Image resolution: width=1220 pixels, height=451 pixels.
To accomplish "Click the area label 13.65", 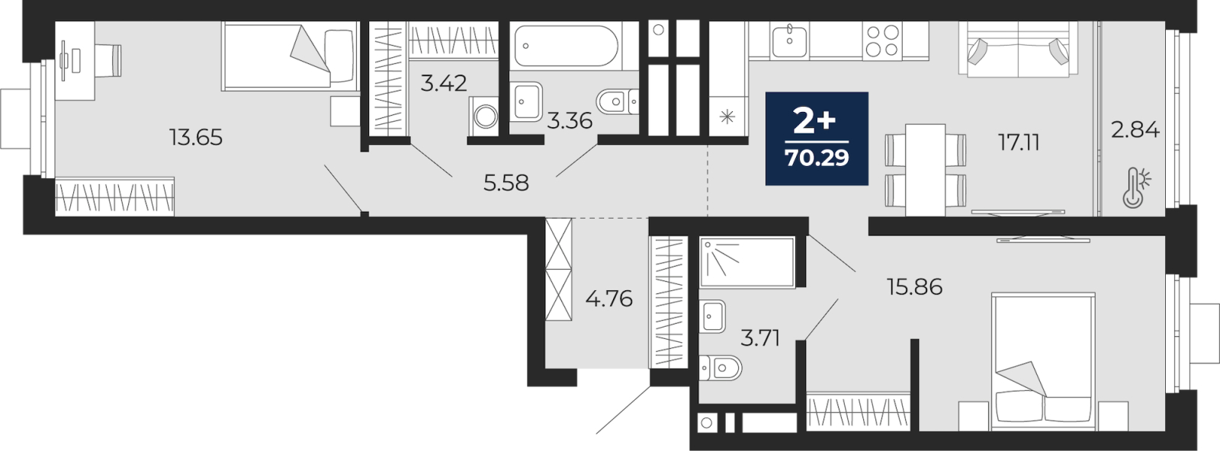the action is (x=196, y=138).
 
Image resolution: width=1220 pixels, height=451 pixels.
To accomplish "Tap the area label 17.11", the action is (x=1019, y=142).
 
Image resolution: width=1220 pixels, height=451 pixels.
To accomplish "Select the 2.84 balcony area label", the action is (x=1135, y=130).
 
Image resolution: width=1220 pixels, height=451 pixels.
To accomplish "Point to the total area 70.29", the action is (x=817, y=158).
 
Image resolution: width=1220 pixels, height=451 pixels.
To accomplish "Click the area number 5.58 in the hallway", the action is (x=506, y=184).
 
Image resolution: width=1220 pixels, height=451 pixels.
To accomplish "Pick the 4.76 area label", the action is (x=609, y=299).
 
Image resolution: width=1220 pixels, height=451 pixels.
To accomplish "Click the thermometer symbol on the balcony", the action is (x=1136, y=187).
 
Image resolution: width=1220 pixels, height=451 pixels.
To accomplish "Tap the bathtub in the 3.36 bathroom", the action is (x=567, y=46).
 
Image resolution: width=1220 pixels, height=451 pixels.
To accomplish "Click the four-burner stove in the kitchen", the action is (x=881, y=40).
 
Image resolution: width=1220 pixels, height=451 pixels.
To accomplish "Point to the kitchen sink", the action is (x=789, y=40).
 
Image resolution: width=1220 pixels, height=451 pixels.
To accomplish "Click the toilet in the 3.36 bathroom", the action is (x=618, y=102).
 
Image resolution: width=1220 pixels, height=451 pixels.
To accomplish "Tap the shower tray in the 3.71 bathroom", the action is (x=747, y=262).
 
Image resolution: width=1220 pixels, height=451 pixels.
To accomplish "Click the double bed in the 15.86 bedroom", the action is (x=1043, y=361).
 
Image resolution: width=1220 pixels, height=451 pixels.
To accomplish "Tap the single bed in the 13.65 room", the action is (x=290, y=56).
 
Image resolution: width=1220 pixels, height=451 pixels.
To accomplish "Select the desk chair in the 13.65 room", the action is (x=109, y=60).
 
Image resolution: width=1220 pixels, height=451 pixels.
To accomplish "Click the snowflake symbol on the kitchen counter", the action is (x=727, y=117).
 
